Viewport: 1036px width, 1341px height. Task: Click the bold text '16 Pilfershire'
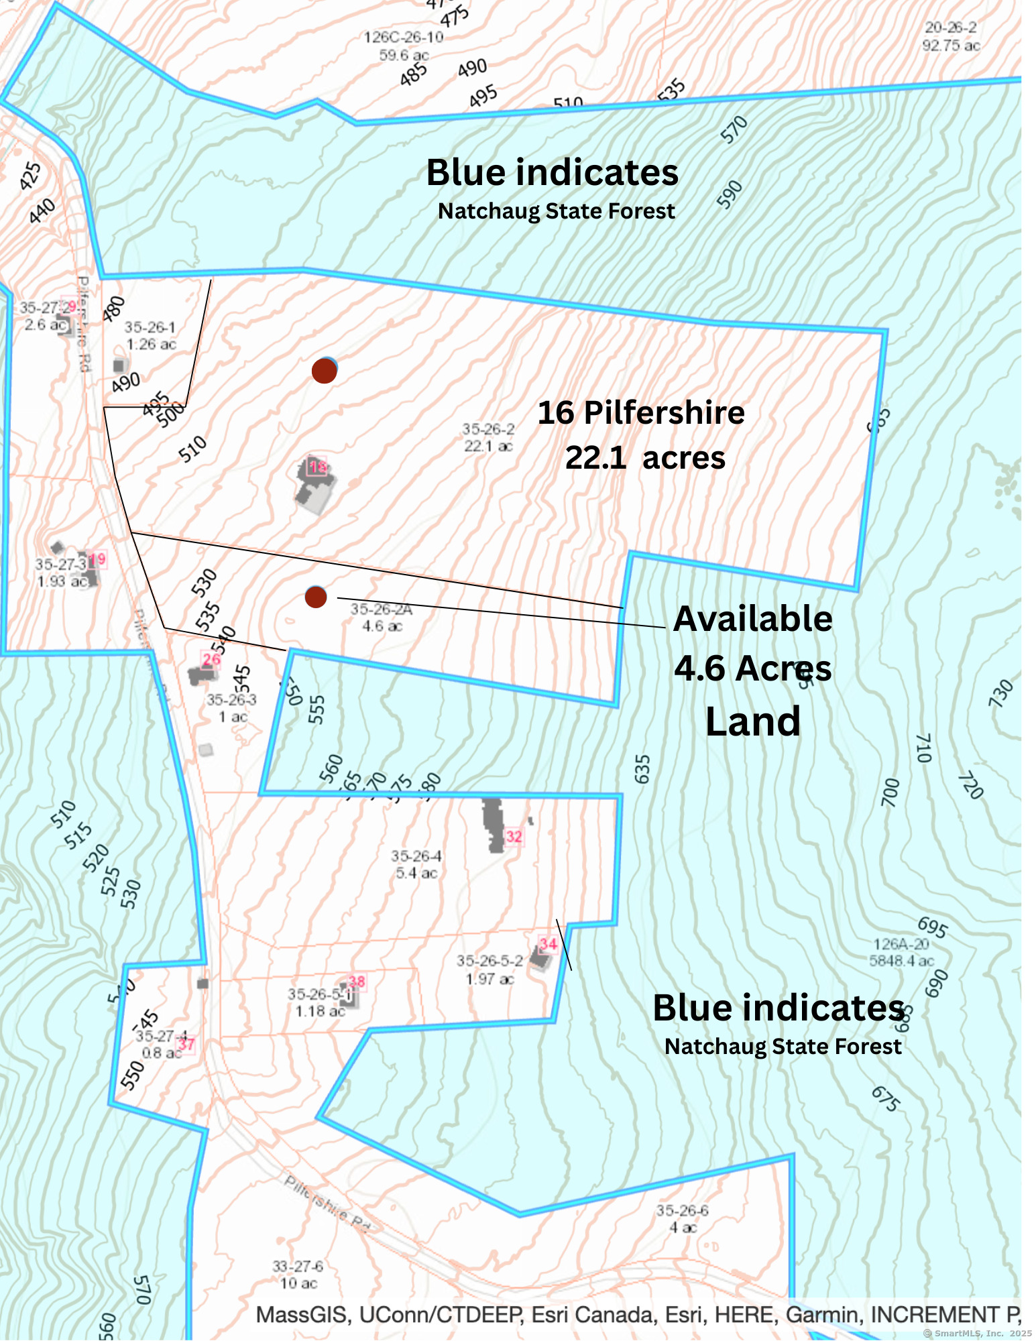click(x=640, y=412)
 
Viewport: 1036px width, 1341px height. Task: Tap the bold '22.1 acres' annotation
click(x=645, y=458)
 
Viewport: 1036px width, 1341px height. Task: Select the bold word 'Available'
click(x=752, y=618)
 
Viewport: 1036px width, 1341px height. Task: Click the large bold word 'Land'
click(x=752, y=721)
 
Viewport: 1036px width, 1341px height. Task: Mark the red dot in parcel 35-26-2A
click(x=316, y=596)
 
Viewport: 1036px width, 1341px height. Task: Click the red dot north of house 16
click(x=325, y=370)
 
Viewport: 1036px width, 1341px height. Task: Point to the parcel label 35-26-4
click(x=416, y=856)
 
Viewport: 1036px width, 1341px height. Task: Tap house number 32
click(x=514, y=836)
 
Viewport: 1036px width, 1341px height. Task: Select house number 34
click(x=548, y=944)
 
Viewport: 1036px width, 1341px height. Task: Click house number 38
click(x=357, y=982)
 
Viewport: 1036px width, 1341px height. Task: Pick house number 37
click(x=186, y=1044)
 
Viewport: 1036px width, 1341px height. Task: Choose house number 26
click(x=211, y=660)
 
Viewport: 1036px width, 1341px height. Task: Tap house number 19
click(x=98, y=559)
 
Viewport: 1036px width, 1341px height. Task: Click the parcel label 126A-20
click(x=901, y=944)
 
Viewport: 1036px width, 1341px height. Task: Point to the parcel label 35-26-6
click(x=682, y=1210)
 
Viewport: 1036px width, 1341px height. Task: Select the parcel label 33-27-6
click(x=298, y=1266)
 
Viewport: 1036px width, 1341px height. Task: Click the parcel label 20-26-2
click(x=950, y=28)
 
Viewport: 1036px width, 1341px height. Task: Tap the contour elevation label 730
click(x=1000, y=693)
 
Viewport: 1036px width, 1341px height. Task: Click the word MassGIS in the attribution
click(x=302, y=1314)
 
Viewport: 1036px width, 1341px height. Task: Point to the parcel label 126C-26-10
click(x=403, y=38)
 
